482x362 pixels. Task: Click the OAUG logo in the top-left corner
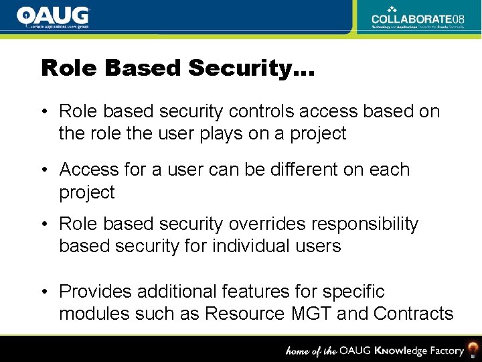pos(53,17)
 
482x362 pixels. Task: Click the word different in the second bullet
pos(303,170)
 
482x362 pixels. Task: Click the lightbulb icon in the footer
pos(473,349)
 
